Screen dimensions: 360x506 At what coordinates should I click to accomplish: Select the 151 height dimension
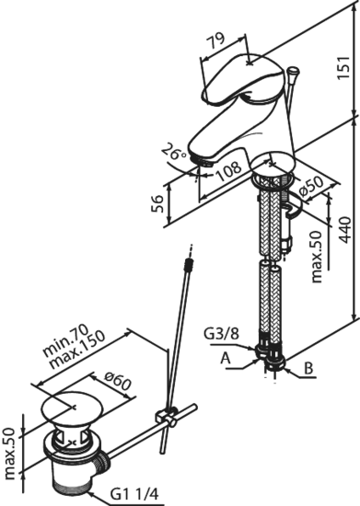(343, 67)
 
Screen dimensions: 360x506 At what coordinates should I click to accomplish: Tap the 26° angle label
(174, 152)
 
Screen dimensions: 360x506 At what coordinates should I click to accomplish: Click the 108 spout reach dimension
(229, 171)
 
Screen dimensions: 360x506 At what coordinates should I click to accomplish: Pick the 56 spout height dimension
(157, 204)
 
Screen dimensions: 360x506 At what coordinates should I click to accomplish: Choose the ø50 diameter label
(311, 188)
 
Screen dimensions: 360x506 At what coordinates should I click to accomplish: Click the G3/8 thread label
(222, 334)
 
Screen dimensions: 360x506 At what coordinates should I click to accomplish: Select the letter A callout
(226, 358)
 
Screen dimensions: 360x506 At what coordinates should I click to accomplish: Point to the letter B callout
(309, 368)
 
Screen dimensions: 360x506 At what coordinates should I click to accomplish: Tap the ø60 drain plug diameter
(118, 383)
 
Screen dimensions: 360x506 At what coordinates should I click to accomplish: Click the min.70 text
(66, 339)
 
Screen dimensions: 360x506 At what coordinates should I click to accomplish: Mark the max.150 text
(77, 350)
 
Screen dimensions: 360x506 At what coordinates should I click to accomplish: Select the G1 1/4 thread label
(134, 494)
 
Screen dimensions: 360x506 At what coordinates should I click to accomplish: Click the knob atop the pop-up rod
(293, 71)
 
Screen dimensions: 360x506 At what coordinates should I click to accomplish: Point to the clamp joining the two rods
(167, 417)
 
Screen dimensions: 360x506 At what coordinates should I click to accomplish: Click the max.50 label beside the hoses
(316, 257)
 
